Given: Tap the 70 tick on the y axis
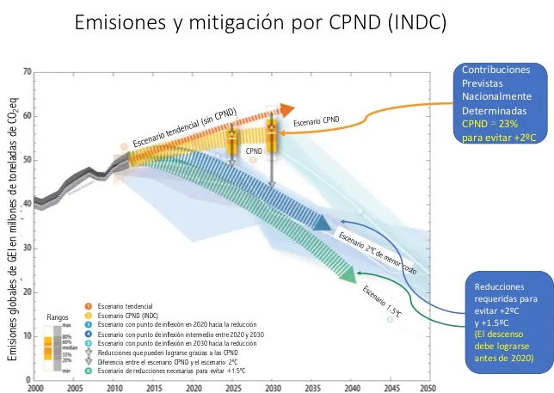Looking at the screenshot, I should point(27,71).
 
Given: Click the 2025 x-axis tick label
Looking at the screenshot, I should point(232,389).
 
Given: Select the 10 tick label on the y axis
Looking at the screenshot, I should point(27,335).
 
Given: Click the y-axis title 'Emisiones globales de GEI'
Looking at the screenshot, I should point(14,285).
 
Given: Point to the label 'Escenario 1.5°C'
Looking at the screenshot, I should point(381,298).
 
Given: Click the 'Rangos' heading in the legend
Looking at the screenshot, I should point(58,317).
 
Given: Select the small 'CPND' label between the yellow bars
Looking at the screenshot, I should point(253,150).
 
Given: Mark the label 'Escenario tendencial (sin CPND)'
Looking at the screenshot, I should point(184,127).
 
